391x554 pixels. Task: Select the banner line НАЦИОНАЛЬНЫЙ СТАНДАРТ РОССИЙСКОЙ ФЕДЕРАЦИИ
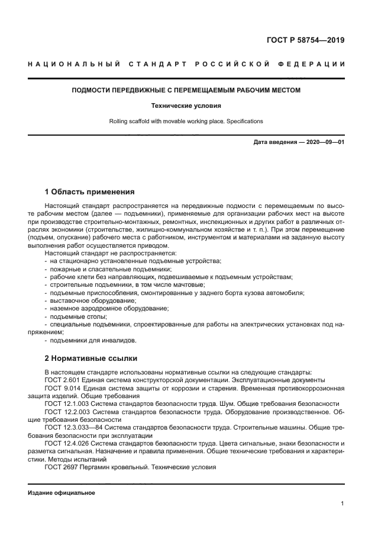pyautogui.click(x=186, y=64)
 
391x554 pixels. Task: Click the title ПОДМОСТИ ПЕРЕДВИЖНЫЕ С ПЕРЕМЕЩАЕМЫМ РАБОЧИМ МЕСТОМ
pyautogui.click(x=186, y=91)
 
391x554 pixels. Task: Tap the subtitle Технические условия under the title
pyautogui.click(x=186, y=106)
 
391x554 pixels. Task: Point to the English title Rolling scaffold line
pyautogui.click(x=186, y=121)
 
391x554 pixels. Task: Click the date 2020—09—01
pyautogui.click(x=324, y=143)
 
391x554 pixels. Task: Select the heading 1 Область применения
pyautogui.click(x=89, y=192)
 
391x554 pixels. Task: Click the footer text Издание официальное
pyautogui.click(x=62, y=492)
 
